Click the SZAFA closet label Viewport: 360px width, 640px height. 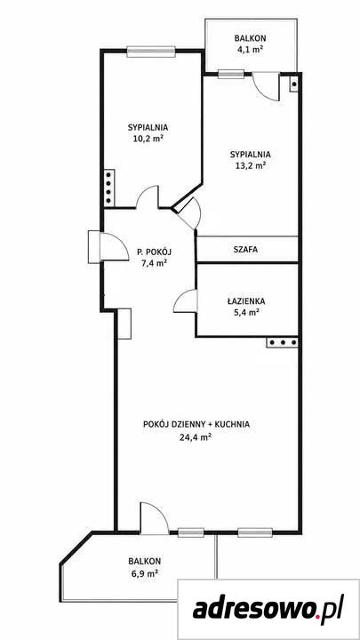[x=245, y=250]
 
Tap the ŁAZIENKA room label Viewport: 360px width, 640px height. [x=246, y=301]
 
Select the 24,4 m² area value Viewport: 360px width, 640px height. [x=196, y=437]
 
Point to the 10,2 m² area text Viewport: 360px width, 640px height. [x=148, y=138]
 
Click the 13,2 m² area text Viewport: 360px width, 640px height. [x=250, y=165]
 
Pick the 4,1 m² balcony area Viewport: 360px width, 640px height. [x=250, y=50]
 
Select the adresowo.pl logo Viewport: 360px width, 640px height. [x=268, y=610]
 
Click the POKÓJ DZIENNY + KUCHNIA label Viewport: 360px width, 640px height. [x=196, y=425]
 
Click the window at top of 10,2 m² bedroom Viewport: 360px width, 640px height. [x=151, y=52]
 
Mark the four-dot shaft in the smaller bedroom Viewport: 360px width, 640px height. [x=109, y=188]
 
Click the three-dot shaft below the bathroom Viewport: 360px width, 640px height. [x=283, y=342]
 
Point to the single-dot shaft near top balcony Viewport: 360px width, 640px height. [x=294, y=84]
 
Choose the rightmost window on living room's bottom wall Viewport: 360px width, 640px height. [x=255, y=532]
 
